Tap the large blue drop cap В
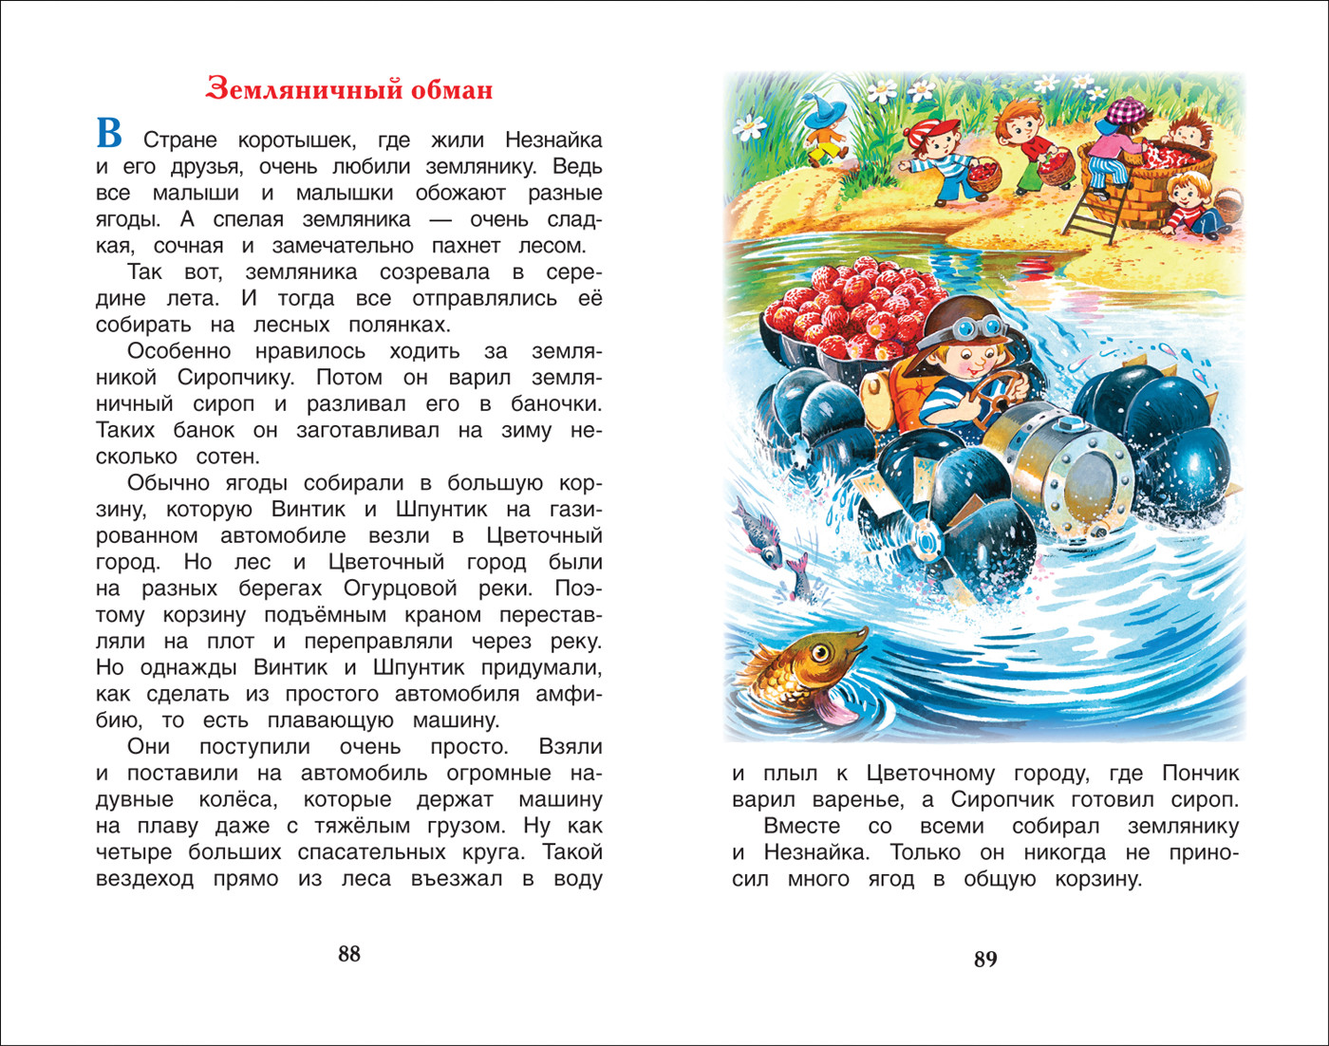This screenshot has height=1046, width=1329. coord(109,134)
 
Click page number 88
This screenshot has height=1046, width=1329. coord(349,954)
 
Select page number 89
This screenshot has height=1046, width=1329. coord(985,960)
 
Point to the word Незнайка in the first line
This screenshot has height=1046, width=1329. coord(553,140)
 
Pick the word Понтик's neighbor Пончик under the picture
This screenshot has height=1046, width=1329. coord(1201,774)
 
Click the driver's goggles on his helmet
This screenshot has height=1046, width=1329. coord(978,328)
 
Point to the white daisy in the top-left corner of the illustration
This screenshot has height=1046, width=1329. coord(750,123)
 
